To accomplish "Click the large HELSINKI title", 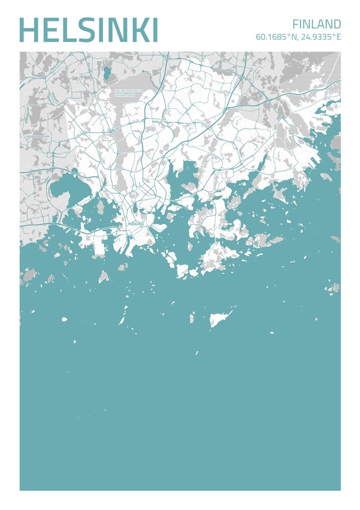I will click(x=88, y=30).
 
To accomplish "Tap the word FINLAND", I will click(x=317, y=24).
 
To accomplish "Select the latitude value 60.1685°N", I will click(x=276, y=37).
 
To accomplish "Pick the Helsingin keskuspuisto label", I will click(x=128, y=91).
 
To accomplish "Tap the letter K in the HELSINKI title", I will click(x=136, y=30).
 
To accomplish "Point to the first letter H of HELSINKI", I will click(x=29, y=30).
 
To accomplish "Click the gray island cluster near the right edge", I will click(x=333, y=288).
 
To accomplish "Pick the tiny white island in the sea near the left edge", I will click(x=64, y=319).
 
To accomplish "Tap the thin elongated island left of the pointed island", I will click(x=123, y=316).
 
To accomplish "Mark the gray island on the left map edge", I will click(x=29, y=275).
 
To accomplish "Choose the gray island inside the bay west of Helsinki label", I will click(x=100, y=208).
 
